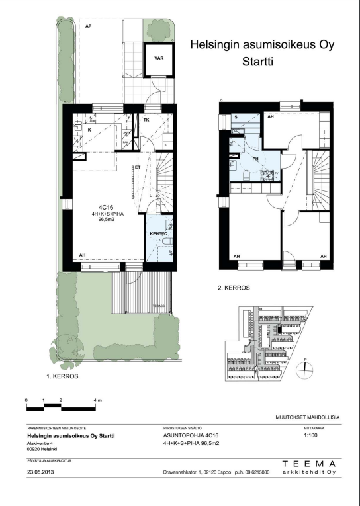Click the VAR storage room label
coord(159,58)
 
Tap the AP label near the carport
coord(88,26)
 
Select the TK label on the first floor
coord(146,120)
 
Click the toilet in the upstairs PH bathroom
coord(245,174)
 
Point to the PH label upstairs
coord(255,159)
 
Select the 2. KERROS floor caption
coord(234,288)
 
